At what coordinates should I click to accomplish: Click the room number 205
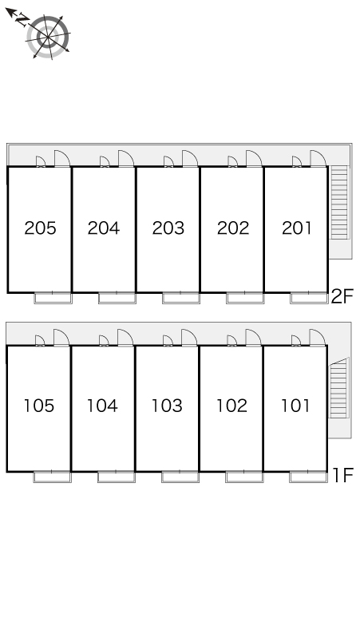pyautogui.click(x=40, y=228)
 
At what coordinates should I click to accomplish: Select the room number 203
pyautogui.click(x=168, y=228)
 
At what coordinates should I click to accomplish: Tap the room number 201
pyautogui.click(x=297, y=228)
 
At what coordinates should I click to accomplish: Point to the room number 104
pyautogui.click(x=102, y=406)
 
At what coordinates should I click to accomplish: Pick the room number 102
pyautogui.click(x=231, y=406)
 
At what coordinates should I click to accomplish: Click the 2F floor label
pyautogui.click(x=342, y=296)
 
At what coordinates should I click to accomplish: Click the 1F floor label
pyautogui.click(x=343, y=474)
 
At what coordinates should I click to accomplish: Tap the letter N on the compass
pyautogui.click(x=22, y=20)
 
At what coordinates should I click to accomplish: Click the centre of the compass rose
pyautogui.click(x=48, y=37)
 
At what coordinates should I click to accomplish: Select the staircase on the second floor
pyautogui.click(x=339, y=203)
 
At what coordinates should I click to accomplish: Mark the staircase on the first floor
pyautogui.click(x=338, y=388)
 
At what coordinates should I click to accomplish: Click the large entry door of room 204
pyautogui.click(x=125, y=158)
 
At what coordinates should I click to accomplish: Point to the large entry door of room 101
pyautogui.click(x=317, y=338)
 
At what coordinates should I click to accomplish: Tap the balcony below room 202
pyautogui.click(x=244, y=298)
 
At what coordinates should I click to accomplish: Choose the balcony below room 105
pyautogui.click(x=53, y=476)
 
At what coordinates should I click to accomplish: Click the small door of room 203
pyautogui.click(x=168, y=161)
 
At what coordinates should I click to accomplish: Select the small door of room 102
pyautogui.click(x=232, y=340)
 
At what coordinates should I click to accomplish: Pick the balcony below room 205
pyautogui.click(x=53, y=298)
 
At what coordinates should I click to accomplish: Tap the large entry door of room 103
pyautogui.click(x=189, y=338)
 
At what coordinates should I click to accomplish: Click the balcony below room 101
pyautogui.click(x=308, y=476)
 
